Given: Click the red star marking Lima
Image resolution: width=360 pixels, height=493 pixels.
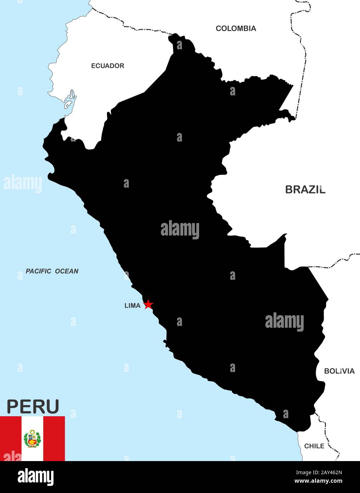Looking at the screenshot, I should (x=148, y=304).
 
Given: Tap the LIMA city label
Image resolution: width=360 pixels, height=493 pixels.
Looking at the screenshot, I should (x=133, y=305).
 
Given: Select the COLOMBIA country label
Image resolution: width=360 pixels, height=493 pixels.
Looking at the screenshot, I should (x=236, y=28).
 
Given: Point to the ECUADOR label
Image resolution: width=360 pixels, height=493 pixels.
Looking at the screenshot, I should (x=107, y=66).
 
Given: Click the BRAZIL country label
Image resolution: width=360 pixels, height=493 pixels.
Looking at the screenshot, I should (x=305, y=189).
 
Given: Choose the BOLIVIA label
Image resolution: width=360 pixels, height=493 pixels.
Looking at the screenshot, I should (x=339, y=371).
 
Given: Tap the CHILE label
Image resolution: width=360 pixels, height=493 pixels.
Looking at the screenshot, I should (x=314, y=446).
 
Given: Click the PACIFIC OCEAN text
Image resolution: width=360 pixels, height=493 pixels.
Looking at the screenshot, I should (x=52, y=271).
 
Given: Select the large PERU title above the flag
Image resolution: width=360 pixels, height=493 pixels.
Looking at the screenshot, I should (x=33, y=406).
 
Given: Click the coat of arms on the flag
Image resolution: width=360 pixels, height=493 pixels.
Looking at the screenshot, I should (x=32, y=439).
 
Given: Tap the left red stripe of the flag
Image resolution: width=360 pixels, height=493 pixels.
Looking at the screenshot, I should (x=10, y=438).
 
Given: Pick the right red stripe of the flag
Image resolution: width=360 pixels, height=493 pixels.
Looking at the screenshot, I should (x=54, y=438).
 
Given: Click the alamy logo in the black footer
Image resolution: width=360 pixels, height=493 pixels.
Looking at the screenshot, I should (x=35, y=477).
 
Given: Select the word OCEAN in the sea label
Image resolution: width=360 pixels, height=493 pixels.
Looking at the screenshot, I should (x=66, y=271).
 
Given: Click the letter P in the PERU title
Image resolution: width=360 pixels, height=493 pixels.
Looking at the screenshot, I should (x=13, y=406).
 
